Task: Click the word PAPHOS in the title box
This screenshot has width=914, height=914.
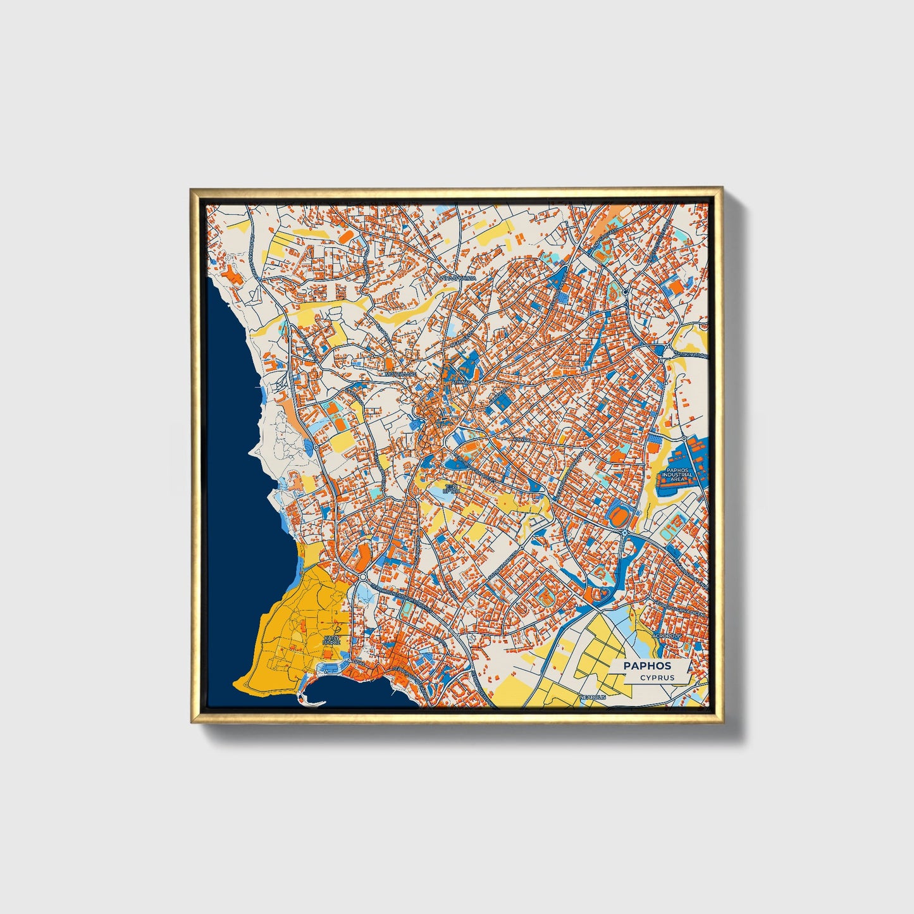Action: tap(647, 665)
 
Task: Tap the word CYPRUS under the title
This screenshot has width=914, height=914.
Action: tap(657, 677)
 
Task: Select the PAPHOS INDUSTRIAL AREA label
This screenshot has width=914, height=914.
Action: tap(677, 474)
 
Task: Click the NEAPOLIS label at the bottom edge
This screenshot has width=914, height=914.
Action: tap(593, 696)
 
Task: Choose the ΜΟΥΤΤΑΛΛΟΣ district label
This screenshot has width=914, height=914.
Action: tap(401, 374)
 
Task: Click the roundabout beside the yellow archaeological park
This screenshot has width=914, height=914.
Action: tap(362, 577)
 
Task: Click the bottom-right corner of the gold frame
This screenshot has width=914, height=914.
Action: tap(722, 722)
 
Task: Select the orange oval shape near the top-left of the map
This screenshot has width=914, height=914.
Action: tap(346, 235)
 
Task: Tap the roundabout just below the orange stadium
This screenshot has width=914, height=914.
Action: tap(624, 535)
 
